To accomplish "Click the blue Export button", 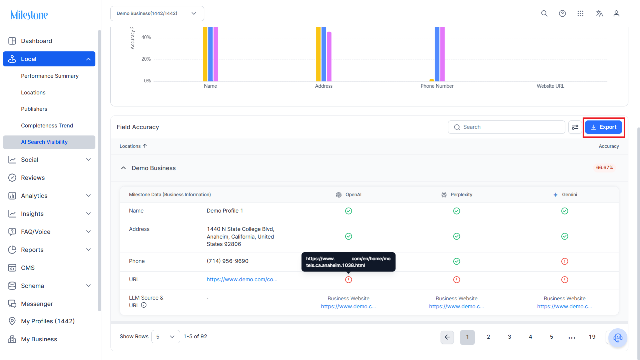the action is pos(603,127).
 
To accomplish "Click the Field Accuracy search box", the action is pos(506,127).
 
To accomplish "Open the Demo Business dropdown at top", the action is pos(157,13).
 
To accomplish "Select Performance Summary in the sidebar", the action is pos(50,76).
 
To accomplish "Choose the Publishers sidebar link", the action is pos(34,109).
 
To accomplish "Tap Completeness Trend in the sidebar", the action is pos(47,125).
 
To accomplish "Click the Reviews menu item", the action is pos(33,178).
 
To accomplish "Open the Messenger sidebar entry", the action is pos(37,304).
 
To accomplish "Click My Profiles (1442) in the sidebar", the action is pos(48,321).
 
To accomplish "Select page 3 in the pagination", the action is pos(509,337).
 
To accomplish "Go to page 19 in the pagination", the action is pos(592,337).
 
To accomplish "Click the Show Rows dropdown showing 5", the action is pos(165,337).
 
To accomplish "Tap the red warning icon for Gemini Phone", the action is pos(565,261).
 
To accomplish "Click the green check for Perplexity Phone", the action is pos(457,261).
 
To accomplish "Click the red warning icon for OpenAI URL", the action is pos(349,280).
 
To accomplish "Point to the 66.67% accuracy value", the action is pos(604,167).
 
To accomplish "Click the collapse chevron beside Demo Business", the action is pos(123,168).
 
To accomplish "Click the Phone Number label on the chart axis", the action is pos(437,86).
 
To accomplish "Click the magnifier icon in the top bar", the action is pos(544,13).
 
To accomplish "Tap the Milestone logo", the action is pos(29,15).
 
